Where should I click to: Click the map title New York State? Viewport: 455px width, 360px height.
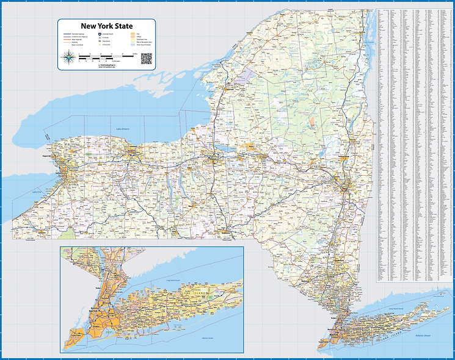pyautogui.click(x=107, y=26)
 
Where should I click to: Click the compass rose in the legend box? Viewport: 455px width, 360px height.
pyautogui.click(x=68, y=59)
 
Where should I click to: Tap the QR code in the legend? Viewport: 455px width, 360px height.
pyautogui.click(x=146, y=59)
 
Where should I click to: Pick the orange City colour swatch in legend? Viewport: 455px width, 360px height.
pyautogui.click(x=131, y=34)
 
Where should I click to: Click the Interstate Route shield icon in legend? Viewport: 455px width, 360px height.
pyautogui.click(x=101, y=34)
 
